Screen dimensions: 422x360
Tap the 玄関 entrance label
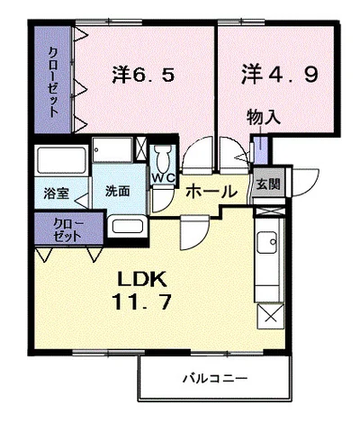[266, 184]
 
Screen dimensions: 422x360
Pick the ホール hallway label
[211, 191]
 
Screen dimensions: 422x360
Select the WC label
[163, 177]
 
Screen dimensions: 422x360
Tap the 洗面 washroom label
[117, 191]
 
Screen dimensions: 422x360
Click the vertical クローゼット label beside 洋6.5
[53, 81]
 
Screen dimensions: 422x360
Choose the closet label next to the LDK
[64, 228]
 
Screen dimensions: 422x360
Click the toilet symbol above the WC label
[163, 157]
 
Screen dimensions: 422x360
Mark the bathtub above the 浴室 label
[62, 163]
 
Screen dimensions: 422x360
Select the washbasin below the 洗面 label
[126, 226]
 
